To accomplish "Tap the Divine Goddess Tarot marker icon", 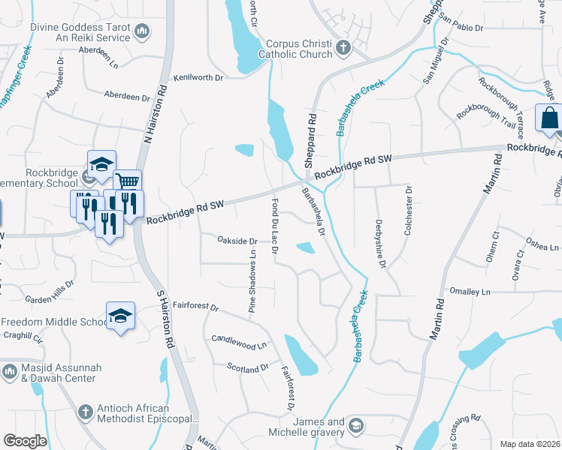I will [143, 31].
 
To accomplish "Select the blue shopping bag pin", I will [549, 118].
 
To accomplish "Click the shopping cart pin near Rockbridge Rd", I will [127, 182].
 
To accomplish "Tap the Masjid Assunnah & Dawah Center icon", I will [10, 371].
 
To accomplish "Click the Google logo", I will [25, 441].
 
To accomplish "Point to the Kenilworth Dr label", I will [199, 77].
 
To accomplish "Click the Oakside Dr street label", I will [237, 241].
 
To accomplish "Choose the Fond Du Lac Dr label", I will [274, 226].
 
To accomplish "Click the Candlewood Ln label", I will [240, 342].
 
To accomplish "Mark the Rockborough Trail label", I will [485, 118].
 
